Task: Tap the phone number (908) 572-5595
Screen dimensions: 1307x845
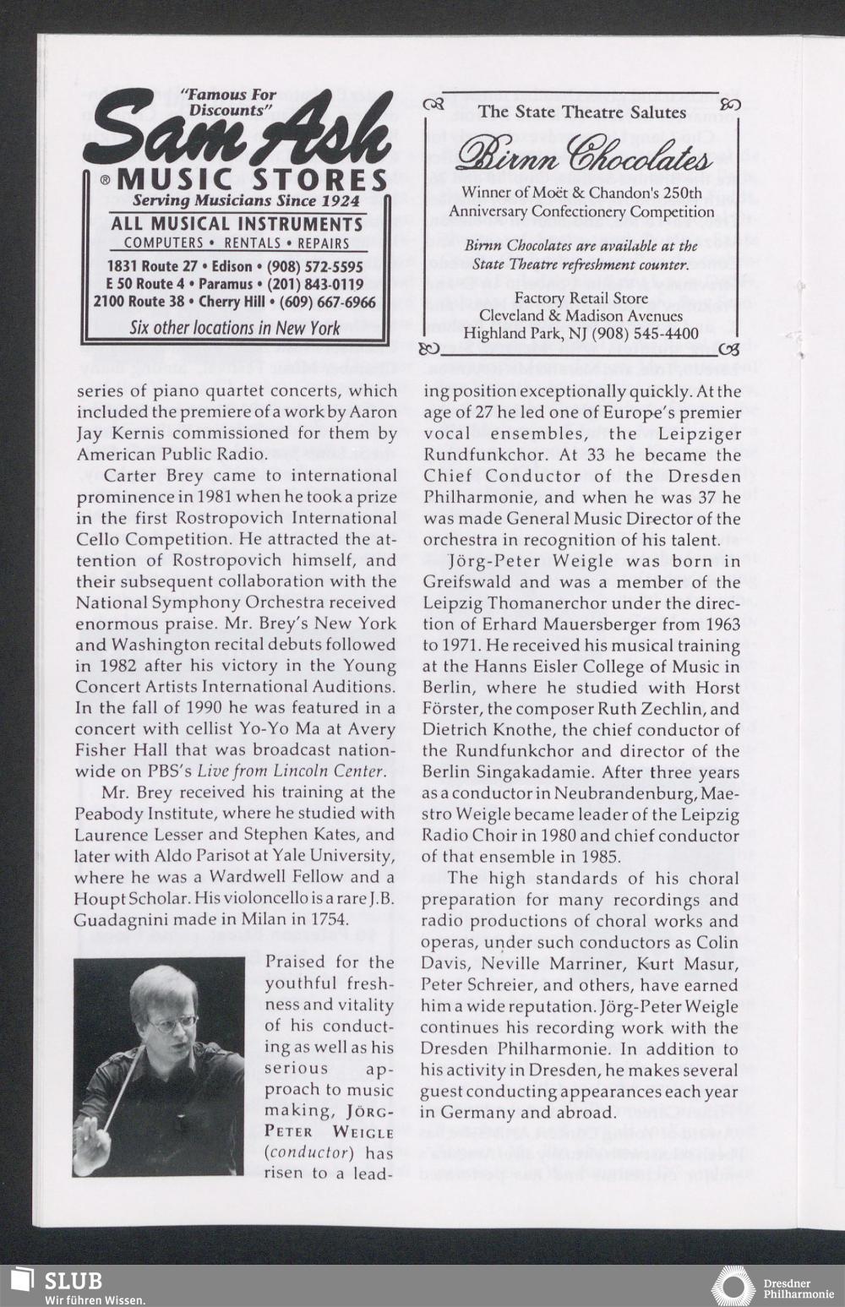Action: pos(316,266)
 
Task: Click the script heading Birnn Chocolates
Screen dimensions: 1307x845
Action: pos(583,159)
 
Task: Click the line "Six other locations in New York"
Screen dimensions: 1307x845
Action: pos(235,328)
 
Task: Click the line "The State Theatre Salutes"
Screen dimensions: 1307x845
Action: pos(581,112)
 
